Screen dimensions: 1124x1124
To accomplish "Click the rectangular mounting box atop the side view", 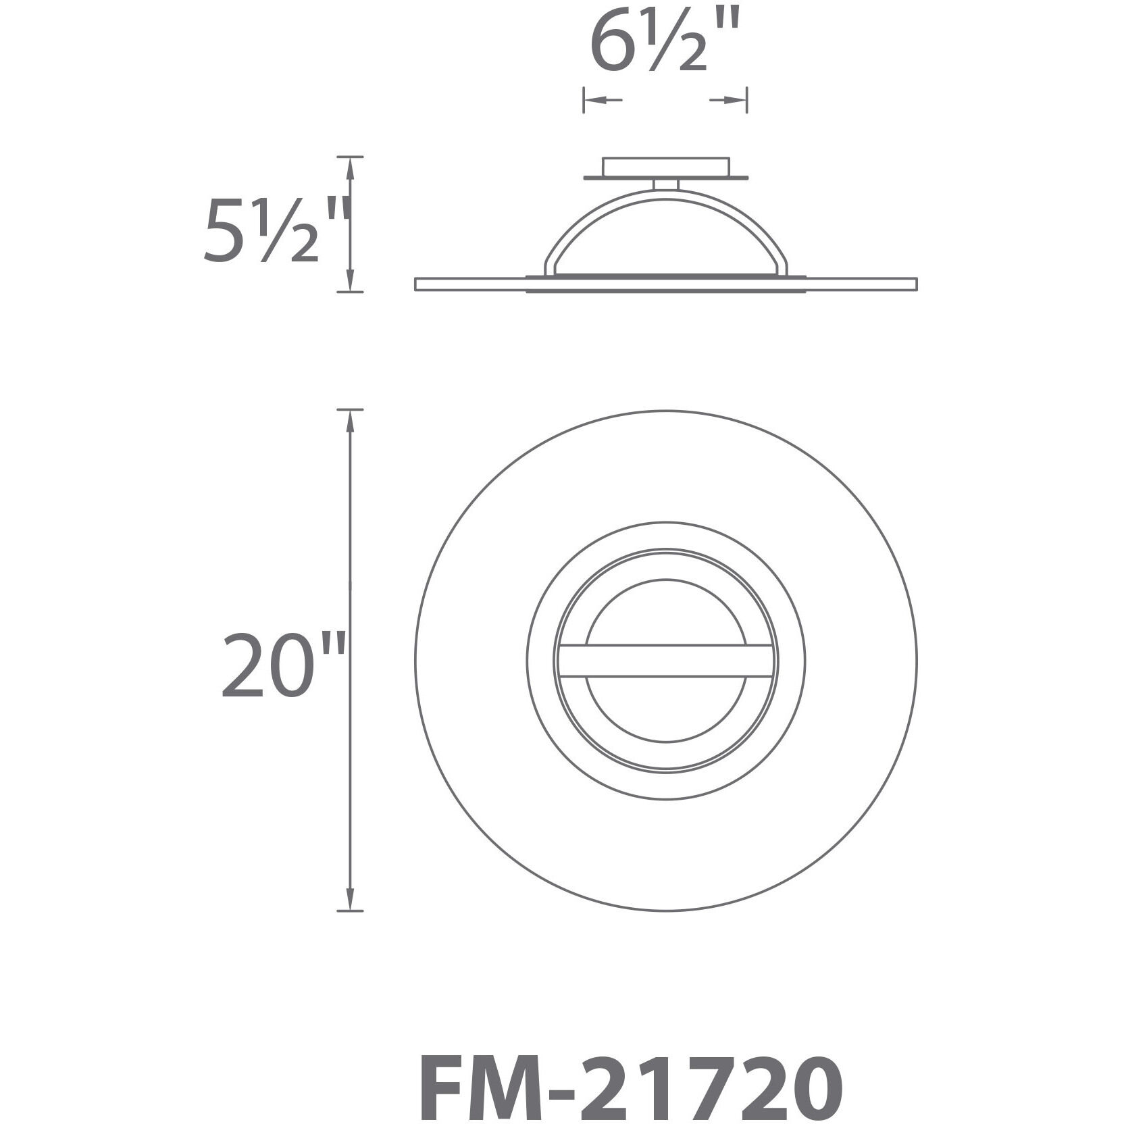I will pyautogui.click(x=665, y=167).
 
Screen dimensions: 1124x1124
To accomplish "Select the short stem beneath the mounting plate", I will pyautogui.click(x=665, y=184).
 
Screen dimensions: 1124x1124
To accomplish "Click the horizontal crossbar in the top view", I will pyautogui.click(x=665, y=660).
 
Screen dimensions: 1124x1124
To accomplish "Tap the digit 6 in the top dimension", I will pyautogui.click(x=611, y=45).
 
